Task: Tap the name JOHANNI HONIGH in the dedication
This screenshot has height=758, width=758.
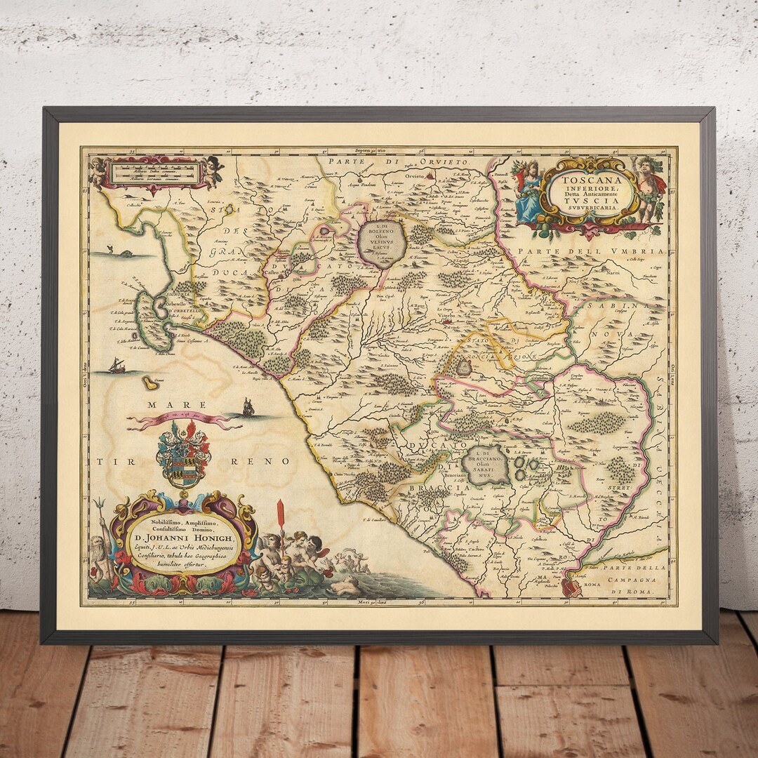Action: pos(183,538)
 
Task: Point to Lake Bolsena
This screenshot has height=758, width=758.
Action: pos(381,243)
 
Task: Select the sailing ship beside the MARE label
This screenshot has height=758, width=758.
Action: pos(248,406)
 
